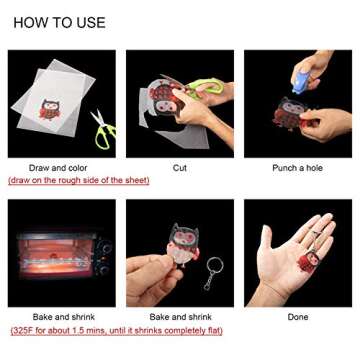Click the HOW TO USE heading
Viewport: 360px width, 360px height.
click(59, 23)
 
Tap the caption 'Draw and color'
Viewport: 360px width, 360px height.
click(58, 168)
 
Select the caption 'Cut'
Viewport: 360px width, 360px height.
click(180, 168)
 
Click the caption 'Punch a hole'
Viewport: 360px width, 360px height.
click(298, 168)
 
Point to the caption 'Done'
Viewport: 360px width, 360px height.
click(298, 317)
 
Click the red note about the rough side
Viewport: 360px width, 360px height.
click(79, 180)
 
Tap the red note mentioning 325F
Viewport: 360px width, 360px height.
click(116, 331)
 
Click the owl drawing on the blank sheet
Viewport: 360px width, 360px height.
click(50, 109)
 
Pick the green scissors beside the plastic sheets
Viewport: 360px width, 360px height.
click(103, 129)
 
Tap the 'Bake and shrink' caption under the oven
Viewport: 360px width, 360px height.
click(64, 317)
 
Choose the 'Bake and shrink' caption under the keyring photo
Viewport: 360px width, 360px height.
click(180, 317)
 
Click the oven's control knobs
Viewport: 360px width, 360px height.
click(106, 257)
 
